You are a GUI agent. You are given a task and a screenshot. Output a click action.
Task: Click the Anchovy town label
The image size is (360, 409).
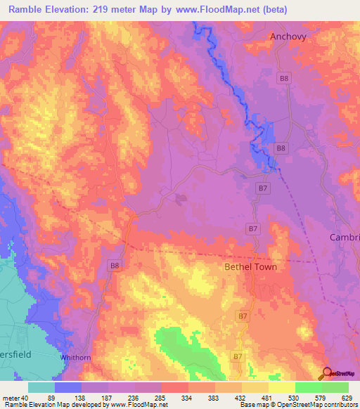click(288, 37)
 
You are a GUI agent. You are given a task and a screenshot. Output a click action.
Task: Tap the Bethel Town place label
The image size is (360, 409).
click(250, 267)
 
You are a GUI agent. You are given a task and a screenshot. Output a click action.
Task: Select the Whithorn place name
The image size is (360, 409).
click(76, 357)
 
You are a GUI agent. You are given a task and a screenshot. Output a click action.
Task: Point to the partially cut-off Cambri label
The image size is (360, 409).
click(345, 238)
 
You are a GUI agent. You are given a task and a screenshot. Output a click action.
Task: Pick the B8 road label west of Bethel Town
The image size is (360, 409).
click(115, 265)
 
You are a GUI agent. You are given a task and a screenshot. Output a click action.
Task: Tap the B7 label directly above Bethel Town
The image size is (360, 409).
click(253, 228)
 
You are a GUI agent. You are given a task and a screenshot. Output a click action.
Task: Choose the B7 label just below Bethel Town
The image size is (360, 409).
click(243, 317)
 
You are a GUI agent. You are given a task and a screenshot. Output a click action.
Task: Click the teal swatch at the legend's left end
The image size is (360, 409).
click(41, 387)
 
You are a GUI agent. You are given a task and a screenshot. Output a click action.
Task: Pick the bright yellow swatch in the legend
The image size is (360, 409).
click(281, 387)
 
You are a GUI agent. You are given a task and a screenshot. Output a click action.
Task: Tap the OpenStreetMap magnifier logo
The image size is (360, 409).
click(327, 374)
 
